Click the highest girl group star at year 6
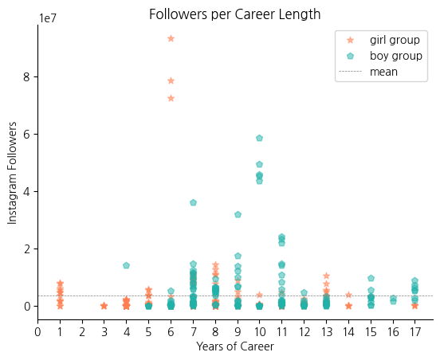[x=171, y=38]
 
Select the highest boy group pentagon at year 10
[x=260, y=138]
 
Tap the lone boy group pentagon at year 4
[x=126, y=265]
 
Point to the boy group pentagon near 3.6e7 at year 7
[x=193, y=202]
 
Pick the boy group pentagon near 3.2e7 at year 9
[x=238, y=214]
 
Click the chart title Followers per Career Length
[x=235, y=14]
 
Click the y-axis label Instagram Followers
[x=12, y=173]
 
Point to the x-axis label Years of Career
[x=235, y=346]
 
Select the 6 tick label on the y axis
[x=26, y=135]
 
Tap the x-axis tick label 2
[x=82, y=332]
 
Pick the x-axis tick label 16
[x=393, y=332]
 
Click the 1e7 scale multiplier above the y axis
[x=48, y=18]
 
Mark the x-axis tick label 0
[x=37, y=332]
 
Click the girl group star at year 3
[x=104, y=306]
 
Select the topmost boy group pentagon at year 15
[x=371, y=278]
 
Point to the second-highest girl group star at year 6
[x=171, y=80]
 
